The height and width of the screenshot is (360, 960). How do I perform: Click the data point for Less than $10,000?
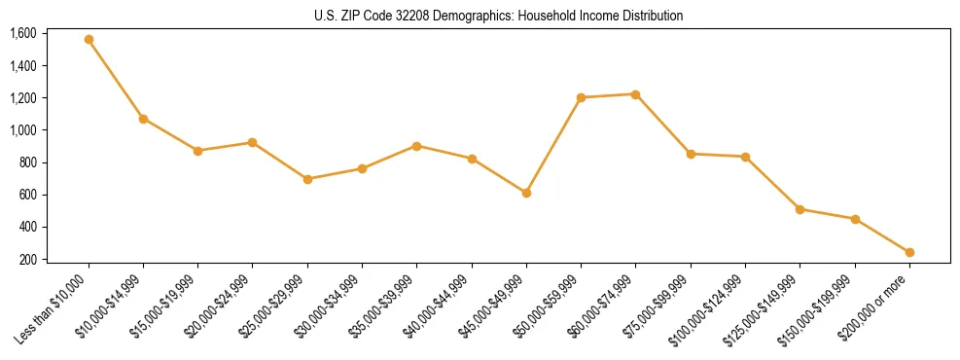coord(89,40)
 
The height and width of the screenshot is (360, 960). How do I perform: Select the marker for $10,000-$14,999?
coord(143,119)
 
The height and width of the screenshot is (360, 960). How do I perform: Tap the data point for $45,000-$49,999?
coord(526,193)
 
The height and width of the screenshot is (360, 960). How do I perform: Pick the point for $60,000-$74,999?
coord(635,94)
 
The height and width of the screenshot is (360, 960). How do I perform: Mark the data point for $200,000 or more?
coord(909,252)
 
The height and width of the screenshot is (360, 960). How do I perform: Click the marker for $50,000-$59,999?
coord(581,97)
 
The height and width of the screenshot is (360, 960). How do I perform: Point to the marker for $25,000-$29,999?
coord(307,179)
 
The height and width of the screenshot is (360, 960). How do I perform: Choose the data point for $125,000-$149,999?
coord(800,209)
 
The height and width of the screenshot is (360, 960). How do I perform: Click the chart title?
coord(498,17)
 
